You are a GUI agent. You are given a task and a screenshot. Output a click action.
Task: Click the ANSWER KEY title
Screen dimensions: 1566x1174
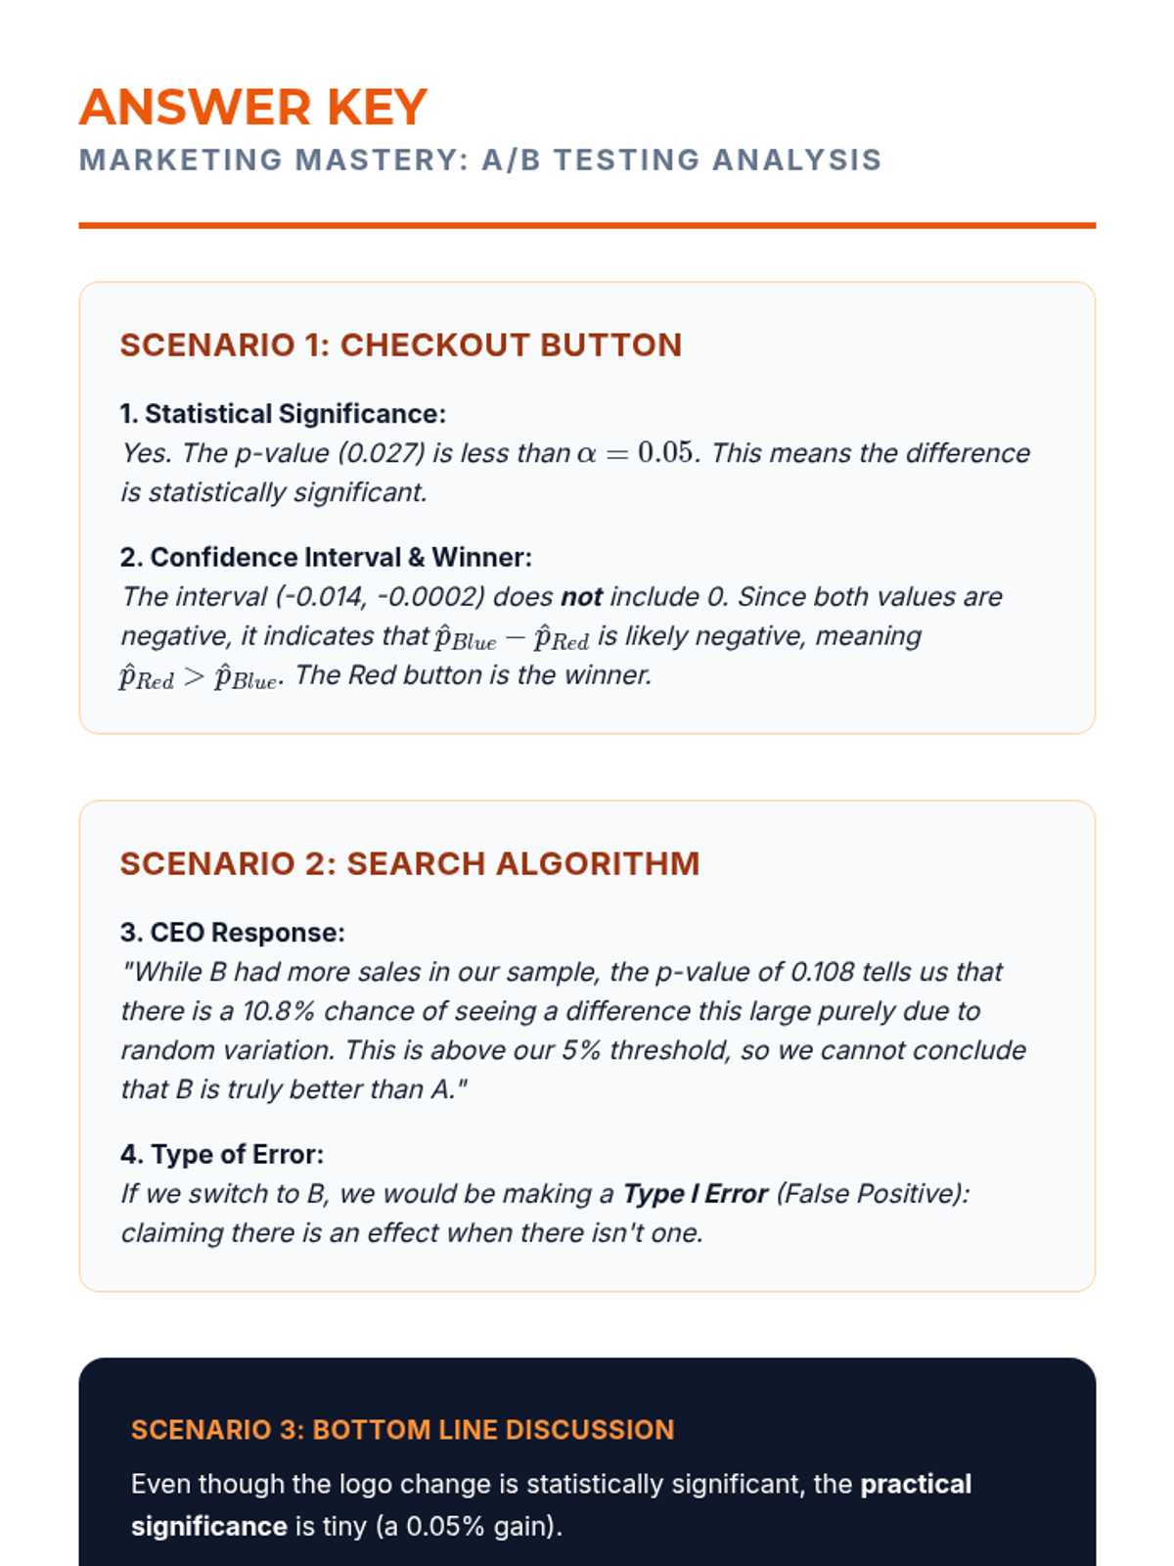[x=253, y=108]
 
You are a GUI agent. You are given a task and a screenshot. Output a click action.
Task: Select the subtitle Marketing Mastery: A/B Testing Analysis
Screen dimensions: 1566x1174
[x=480, y=160]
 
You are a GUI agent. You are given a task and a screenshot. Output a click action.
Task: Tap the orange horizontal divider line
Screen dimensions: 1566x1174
[x=587, y=225]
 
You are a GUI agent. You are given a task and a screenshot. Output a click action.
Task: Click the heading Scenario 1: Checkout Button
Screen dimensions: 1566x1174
[x=401, y=345]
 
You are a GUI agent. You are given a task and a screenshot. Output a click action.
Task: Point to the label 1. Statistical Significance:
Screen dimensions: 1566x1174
[x=283, y=414]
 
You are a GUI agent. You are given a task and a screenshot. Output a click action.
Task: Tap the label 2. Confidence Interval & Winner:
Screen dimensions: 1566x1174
[x=326, y=557]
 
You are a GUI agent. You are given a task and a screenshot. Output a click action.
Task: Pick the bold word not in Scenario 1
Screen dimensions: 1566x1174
[x=581, y=597]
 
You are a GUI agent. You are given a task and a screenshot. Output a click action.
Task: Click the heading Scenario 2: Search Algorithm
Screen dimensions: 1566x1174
[x=410, y=863]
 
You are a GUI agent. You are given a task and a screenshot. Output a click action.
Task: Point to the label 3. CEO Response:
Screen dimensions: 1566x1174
[x=233, y=932]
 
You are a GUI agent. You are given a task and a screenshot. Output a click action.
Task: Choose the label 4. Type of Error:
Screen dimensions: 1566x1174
[x=222, y=1154]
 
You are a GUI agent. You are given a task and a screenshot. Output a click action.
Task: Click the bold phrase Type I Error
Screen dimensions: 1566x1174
[x=696, y=1194]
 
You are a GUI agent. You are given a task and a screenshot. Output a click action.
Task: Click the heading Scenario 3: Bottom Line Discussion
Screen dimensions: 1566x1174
[x=403, y=1429]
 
